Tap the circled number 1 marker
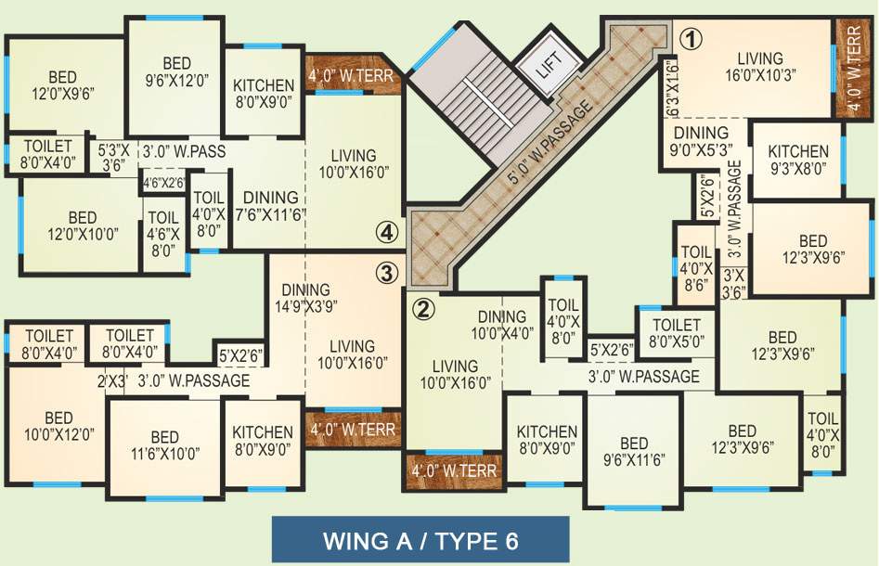tap(692, 39)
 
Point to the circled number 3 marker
tap(387, 273)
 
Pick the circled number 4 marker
tap(387, 231)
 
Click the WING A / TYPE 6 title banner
tap(420, 539)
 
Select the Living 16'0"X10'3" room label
tap(760, 66)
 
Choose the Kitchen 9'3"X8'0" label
tap(797, 160)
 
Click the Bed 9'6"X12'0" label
tap(176, 71)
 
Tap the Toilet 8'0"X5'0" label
tap(676, 332)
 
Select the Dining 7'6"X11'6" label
tap(270, 206)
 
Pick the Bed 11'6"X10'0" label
tap(164, 445)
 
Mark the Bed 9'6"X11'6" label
tap(634, 451)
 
